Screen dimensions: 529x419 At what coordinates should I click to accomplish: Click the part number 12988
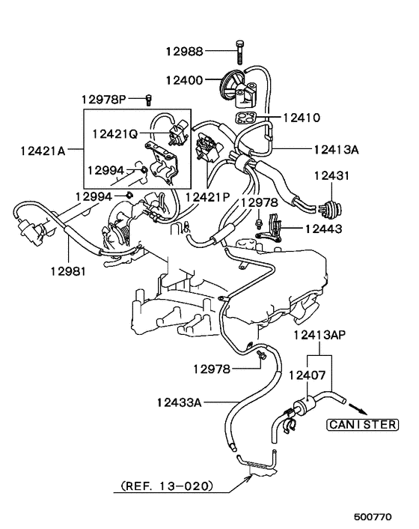(185, 51)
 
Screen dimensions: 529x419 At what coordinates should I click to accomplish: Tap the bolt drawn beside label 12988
(239, 50)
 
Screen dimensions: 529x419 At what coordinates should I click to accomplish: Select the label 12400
(185, 79)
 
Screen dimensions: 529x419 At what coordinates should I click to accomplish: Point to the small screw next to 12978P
(148, 99)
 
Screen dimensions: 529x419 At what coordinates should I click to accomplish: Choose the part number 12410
(302, 118)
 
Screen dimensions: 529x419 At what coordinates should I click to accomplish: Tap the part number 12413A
(337, 149)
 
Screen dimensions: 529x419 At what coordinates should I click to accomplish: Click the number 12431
(332, 175)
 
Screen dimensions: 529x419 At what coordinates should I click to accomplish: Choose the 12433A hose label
(180, 402)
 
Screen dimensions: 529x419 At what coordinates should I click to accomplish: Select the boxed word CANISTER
(361, 424)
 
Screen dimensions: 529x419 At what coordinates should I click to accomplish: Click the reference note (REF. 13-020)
(163, 486)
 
